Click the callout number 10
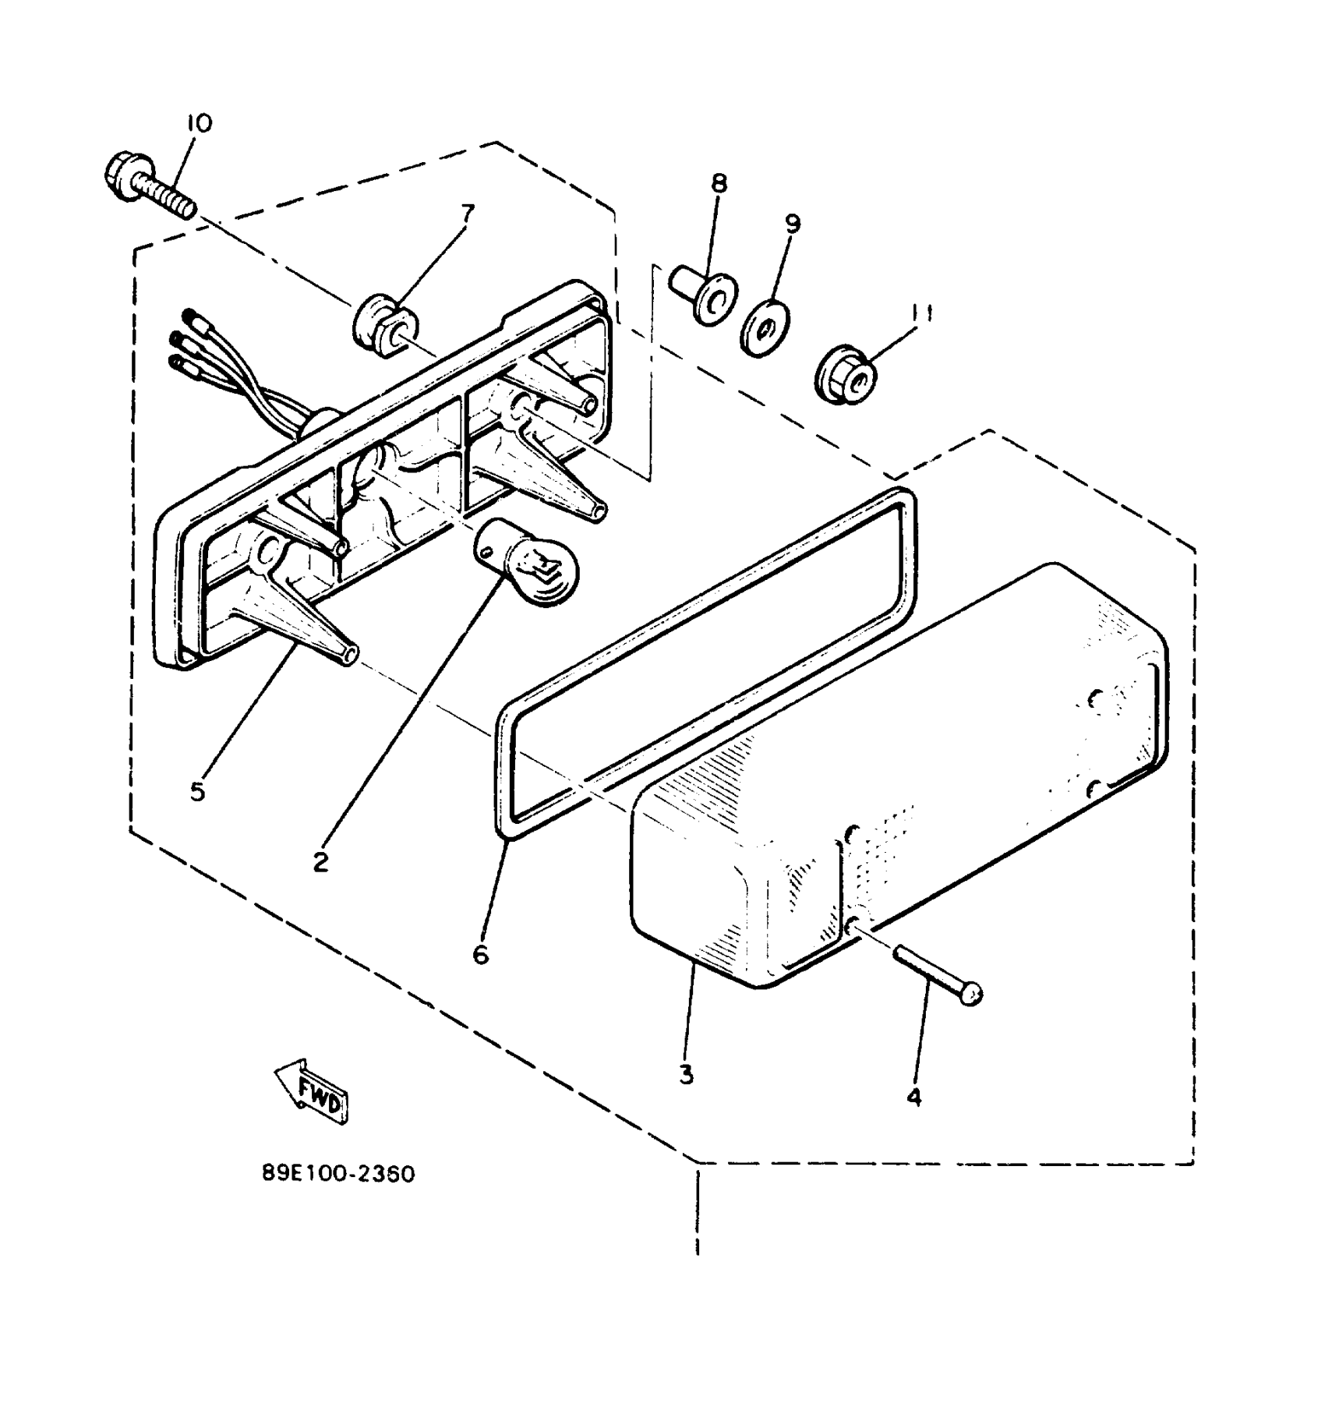point(200,124)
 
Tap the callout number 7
point(467,213)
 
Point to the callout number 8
point(719,184)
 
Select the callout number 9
point(792,224)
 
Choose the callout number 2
point(320,862)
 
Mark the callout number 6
point(481,954)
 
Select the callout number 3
point(686,1075)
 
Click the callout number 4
point(914,1097)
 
